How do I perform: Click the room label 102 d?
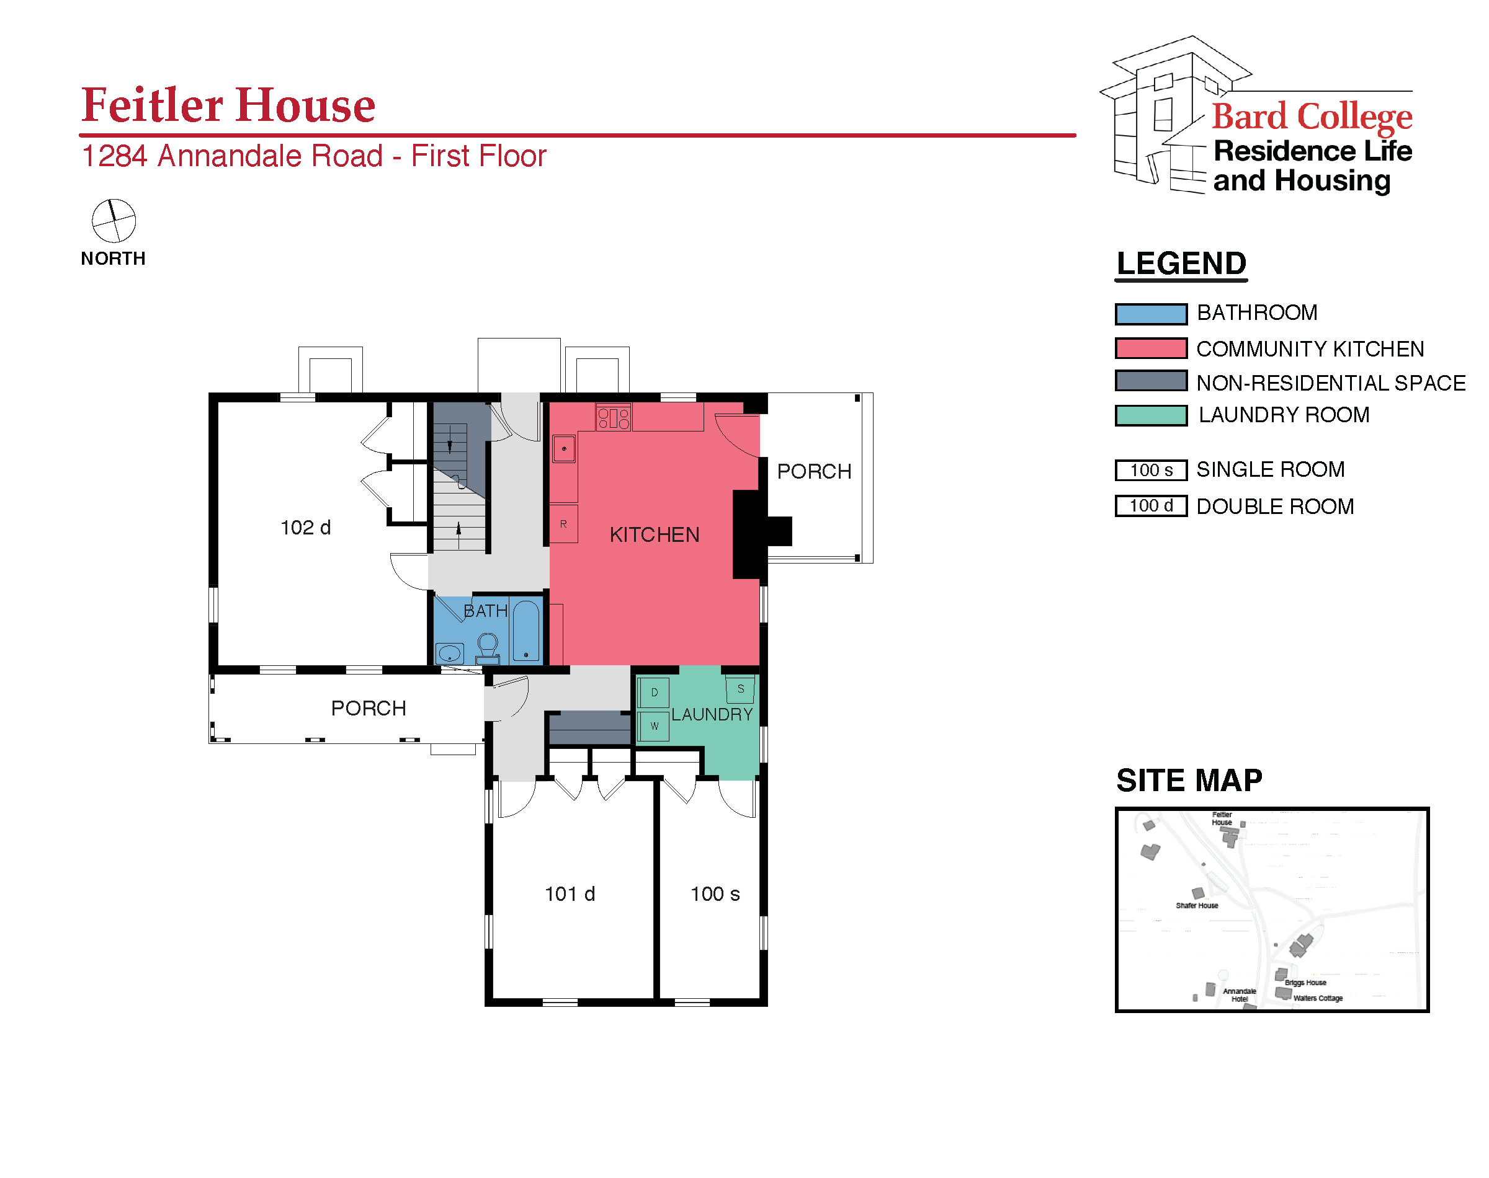[305, 528]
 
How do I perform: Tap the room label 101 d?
[570, 894]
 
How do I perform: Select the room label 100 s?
[715, 894]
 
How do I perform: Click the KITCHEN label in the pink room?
[654, 534]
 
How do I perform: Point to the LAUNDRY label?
[712, 714]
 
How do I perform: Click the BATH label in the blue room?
[485, 611]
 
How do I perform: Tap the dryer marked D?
[654, 693]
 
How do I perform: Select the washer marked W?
[654, 726]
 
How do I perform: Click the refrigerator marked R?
[564, 524]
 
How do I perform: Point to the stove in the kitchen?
[613, 417]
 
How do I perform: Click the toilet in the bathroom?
[488, 649]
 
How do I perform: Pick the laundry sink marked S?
[740, 689]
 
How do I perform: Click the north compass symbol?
[114, 221]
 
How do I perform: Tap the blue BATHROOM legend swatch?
[1151, 314]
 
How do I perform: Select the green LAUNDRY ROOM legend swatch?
[1151, 416]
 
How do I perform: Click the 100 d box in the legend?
[1151, 507]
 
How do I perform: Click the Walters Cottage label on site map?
[1317, 998]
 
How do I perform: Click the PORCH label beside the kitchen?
[814, 472]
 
